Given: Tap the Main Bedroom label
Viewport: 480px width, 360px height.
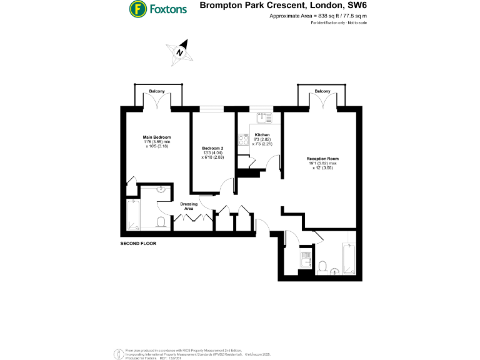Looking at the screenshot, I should (157, 137).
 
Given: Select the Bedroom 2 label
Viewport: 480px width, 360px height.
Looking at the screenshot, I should (212, 147).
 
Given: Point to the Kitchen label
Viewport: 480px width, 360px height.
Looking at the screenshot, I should (262, 135).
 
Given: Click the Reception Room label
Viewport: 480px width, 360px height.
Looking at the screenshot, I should (322, 159).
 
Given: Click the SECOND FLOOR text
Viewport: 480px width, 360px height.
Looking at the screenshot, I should (138, 242).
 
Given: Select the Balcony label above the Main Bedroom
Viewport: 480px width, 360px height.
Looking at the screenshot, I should (157, 92).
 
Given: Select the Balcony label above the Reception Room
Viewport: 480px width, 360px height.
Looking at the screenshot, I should (322, 92).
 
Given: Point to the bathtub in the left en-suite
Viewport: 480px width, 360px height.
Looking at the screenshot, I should (132, 214).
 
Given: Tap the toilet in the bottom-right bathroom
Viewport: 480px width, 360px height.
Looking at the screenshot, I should (322, 267).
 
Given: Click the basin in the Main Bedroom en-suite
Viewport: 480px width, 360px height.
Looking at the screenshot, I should (161, 191).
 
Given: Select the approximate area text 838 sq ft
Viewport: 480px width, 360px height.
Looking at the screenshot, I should (317, 16).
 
